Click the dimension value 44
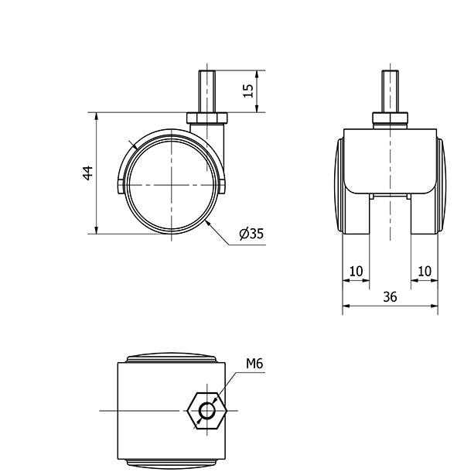point(88,173)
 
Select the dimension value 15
point(247,91)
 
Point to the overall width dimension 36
point(390,297)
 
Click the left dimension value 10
point(356,271)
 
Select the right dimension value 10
point(425,271)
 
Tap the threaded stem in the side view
point(206,90)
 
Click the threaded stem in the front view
point(390,90)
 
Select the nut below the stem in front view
point(390,118)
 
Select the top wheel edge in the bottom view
point(170,357)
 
